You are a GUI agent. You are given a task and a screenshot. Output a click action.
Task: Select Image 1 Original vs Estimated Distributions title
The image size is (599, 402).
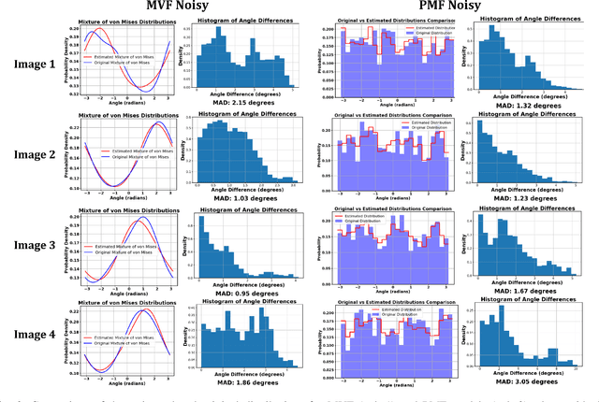coord(392,19)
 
